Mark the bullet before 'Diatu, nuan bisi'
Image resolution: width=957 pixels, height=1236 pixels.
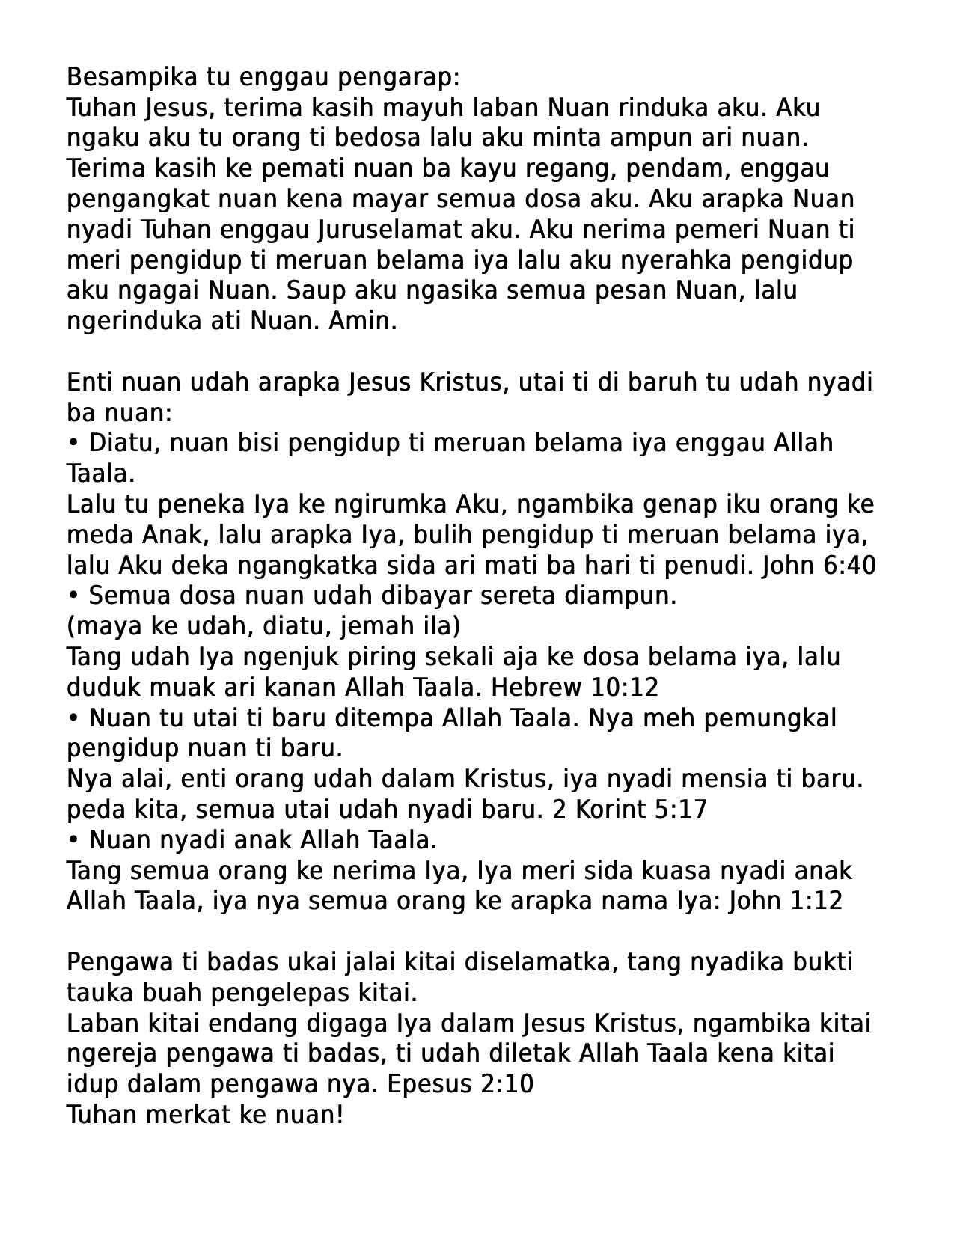click(x=73, y=443)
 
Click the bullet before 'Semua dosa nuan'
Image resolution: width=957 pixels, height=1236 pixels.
click(x=73, y=596)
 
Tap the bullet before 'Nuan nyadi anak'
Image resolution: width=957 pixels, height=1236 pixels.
click(x=73, y=840)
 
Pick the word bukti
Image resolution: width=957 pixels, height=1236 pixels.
click(x=825, y=962)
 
